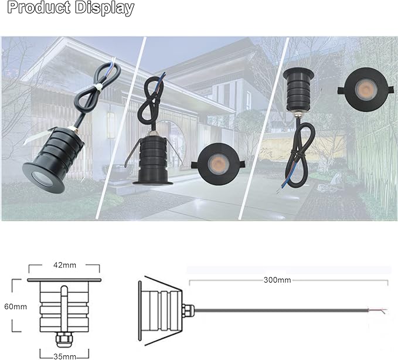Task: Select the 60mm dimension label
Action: pyautogui.click(x=15, y=306)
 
